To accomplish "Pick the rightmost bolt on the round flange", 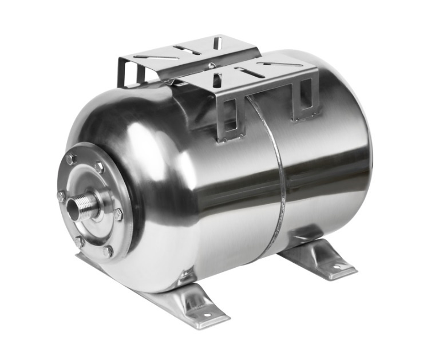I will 118,214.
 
